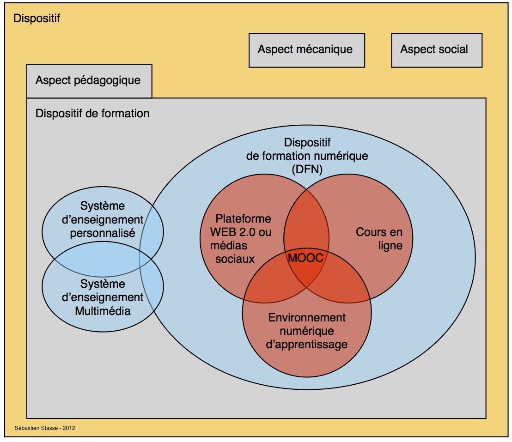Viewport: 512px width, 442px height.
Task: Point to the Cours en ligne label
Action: (379, 239)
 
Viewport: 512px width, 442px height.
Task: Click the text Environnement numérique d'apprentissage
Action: (307, 331)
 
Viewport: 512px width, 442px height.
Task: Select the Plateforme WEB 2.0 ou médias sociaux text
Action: (237, 239)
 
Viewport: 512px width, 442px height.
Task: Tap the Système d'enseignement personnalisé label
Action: (103, 219)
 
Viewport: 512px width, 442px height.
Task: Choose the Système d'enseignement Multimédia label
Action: (103, 297)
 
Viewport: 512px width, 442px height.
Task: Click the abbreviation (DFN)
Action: (307, 169)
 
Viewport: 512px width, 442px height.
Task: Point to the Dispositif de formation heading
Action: (92, 113)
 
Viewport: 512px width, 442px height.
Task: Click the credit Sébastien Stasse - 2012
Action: (45, 428)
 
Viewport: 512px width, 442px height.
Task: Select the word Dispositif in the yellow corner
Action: (37, 18)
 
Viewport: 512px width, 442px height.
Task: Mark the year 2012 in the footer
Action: (69, 428)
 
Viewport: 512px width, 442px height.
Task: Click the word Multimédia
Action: (103, 311)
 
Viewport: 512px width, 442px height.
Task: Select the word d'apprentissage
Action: (307, 345)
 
